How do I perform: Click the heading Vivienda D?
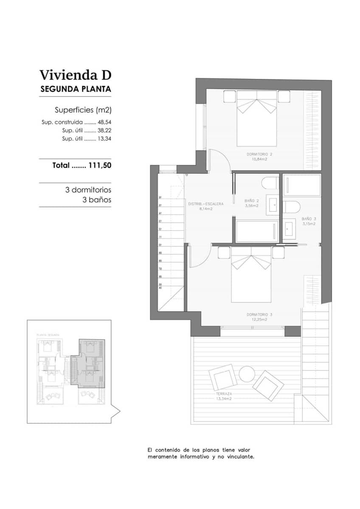point(75,75)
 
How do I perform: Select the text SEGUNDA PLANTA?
point(76,89)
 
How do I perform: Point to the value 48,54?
point(104,122)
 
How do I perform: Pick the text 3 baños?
point(97,199)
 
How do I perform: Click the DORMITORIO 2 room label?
point(259,154)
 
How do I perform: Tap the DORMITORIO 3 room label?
point(259,315)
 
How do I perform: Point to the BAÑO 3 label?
point(309,219)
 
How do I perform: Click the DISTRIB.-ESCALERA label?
point(205,204)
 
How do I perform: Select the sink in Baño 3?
point(290,229)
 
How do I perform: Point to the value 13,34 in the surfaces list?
point(104,139)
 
